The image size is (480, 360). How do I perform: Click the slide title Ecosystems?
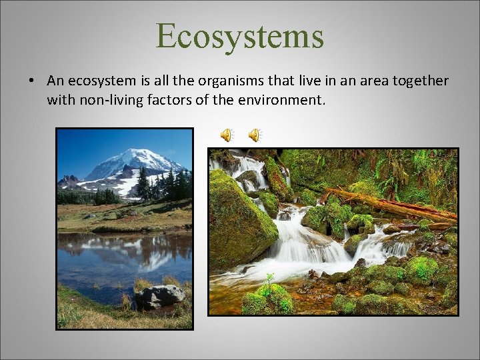240,36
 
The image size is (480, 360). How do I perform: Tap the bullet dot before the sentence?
31,81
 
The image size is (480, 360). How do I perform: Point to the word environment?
280,101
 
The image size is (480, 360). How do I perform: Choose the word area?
364,81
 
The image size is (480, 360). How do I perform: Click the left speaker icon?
227,135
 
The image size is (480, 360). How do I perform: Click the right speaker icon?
255,135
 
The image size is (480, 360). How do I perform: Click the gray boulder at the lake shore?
160,295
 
